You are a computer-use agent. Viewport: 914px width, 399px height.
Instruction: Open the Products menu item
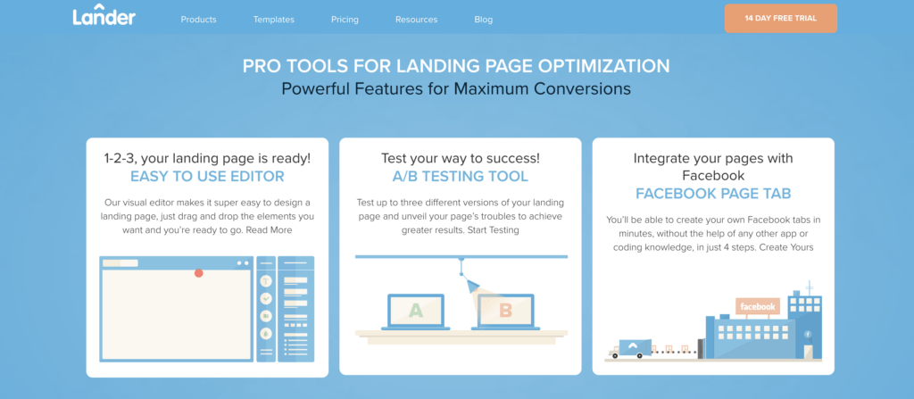(198, 20)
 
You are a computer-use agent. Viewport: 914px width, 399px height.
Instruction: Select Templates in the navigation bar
(273, 20)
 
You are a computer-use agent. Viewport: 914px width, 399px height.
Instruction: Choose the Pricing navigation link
(345, 20)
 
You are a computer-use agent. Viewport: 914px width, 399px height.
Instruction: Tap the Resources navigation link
(416, 20)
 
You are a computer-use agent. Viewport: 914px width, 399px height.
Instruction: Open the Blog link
(483, 20)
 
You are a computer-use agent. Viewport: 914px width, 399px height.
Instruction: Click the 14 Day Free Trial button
(780, 18)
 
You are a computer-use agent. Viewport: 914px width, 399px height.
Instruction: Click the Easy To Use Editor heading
(207, 176)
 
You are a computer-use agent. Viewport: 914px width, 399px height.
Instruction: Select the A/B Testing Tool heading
(460, 176)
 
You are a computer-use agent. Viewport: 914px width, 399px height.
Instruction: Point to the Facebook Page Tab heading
(713, 194)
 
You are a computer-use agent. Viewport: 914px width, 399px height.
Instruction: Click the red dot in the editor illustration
(199, 273)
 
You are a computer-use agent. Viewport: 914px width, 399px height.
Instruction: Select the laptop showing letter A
(416, 312)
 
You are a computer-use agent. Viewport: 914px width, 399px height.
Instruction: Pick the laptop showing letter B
(505, 312)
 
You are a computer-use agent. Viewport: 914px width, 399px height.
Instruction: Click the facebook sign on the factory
(758, 306)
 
